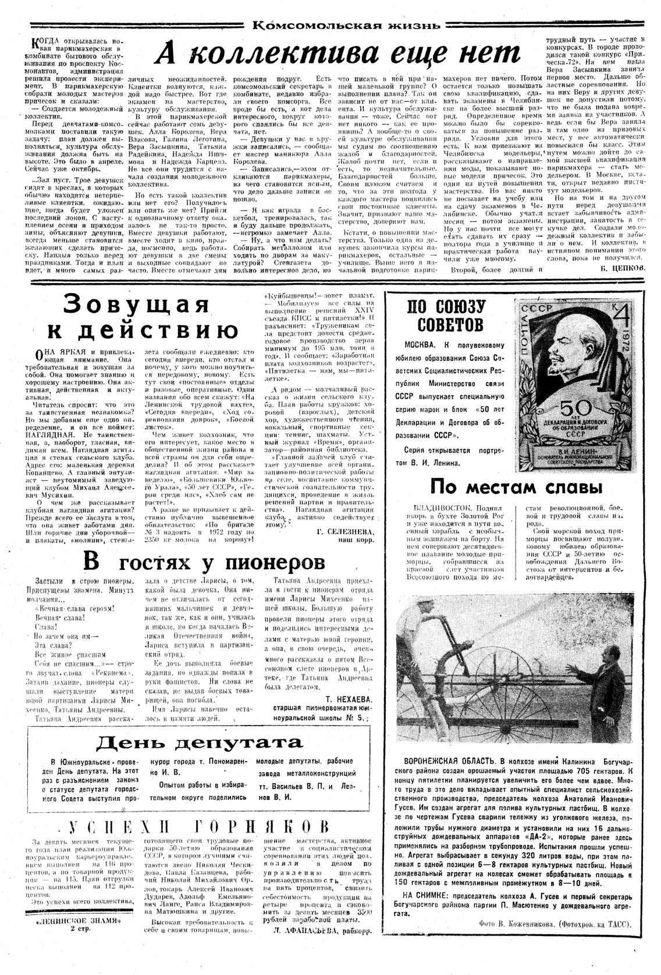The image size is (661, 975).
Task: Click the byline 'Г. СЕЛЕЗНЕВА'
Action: [x=345, y=532]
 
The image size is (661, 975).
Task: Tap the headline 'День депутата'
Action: [x=200, y=742]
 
